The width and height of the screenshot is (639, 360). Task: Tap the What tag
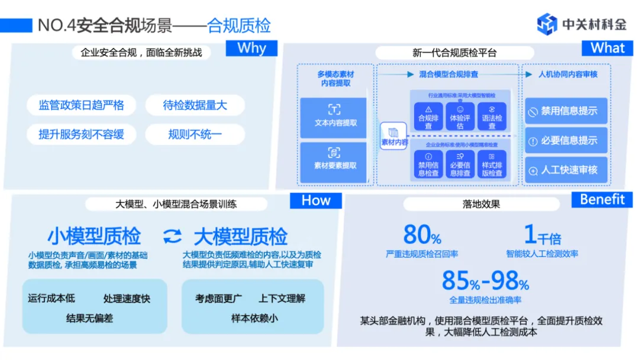tap(607, 48)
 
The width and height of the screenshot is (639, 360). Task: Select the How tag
tap(315, 200)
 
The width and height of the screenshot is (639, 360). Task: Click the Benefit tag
tap(602, 199)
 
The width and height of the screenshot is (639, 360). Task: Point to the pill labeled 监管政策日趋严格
tap(82, 105)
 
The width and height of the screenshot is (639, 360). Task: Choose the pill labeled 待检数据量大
tap(195, 105)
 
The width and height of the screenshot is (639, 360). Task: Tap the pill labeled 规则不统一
tap(195, 134)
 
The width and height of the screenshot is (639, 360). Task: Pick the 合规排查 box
tap(428, 117)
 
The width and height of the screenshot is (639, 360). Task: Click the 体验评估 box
tap(460, 117)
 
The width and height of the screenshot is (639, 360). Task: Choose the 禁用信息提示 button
tap(566, 111)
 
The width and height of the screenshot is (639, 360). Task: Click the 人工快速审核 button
tap(566, 171)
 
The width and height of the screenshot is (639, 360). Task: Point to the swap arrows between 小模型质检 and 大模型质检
tap(172, 237)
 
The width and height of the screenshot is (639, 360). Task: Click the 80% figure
tap(422, 236)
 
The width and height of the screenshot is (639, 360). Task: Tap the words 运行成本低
tap(51, 298)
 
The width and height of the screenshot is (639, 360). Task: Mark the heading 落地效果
tap(481, 204)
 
